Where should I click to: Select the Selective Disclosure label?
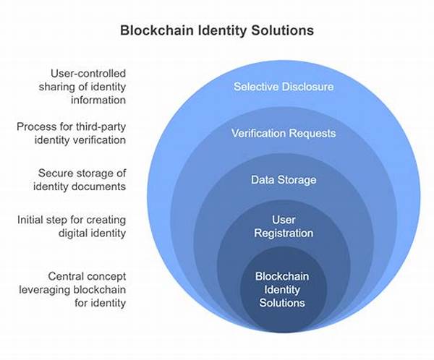[284, 87]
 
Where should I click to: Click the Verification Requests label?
[284, 133]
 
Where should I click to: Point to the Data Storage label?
[284, 179]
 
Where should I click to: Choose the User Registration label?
[284, 226]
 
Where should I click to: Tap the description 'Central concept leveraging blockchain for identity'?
[81, 288]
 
